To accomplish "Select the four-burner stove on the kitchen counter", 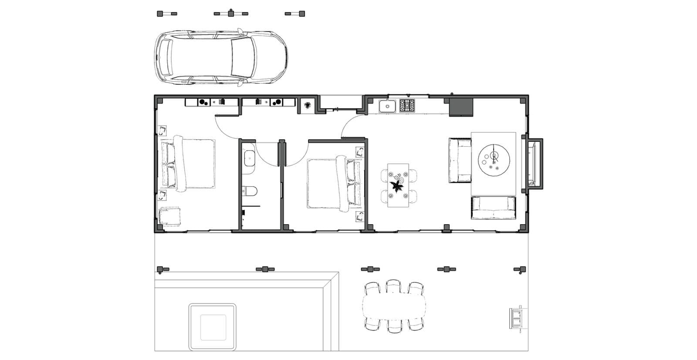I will coord(407,106).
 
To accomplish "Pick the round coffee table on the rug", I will coord(494,160).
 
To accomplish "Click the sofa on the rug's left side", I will coord(460,160).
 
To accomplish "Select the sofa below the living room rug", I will coord(493,208).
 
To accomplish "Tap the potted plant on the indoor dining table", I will coord(397,187).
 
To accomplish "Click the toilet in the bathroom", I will coord(250,191).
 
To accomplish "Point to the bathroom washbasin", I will coord(249,158).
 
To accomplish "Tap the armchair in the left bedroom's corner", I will coord(169,217).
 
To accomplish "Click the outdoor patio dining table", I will coord(394,306).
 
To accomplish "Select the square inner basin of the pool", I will coord(213,327).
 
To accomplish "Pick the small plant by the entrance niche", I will coord(308,105).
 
